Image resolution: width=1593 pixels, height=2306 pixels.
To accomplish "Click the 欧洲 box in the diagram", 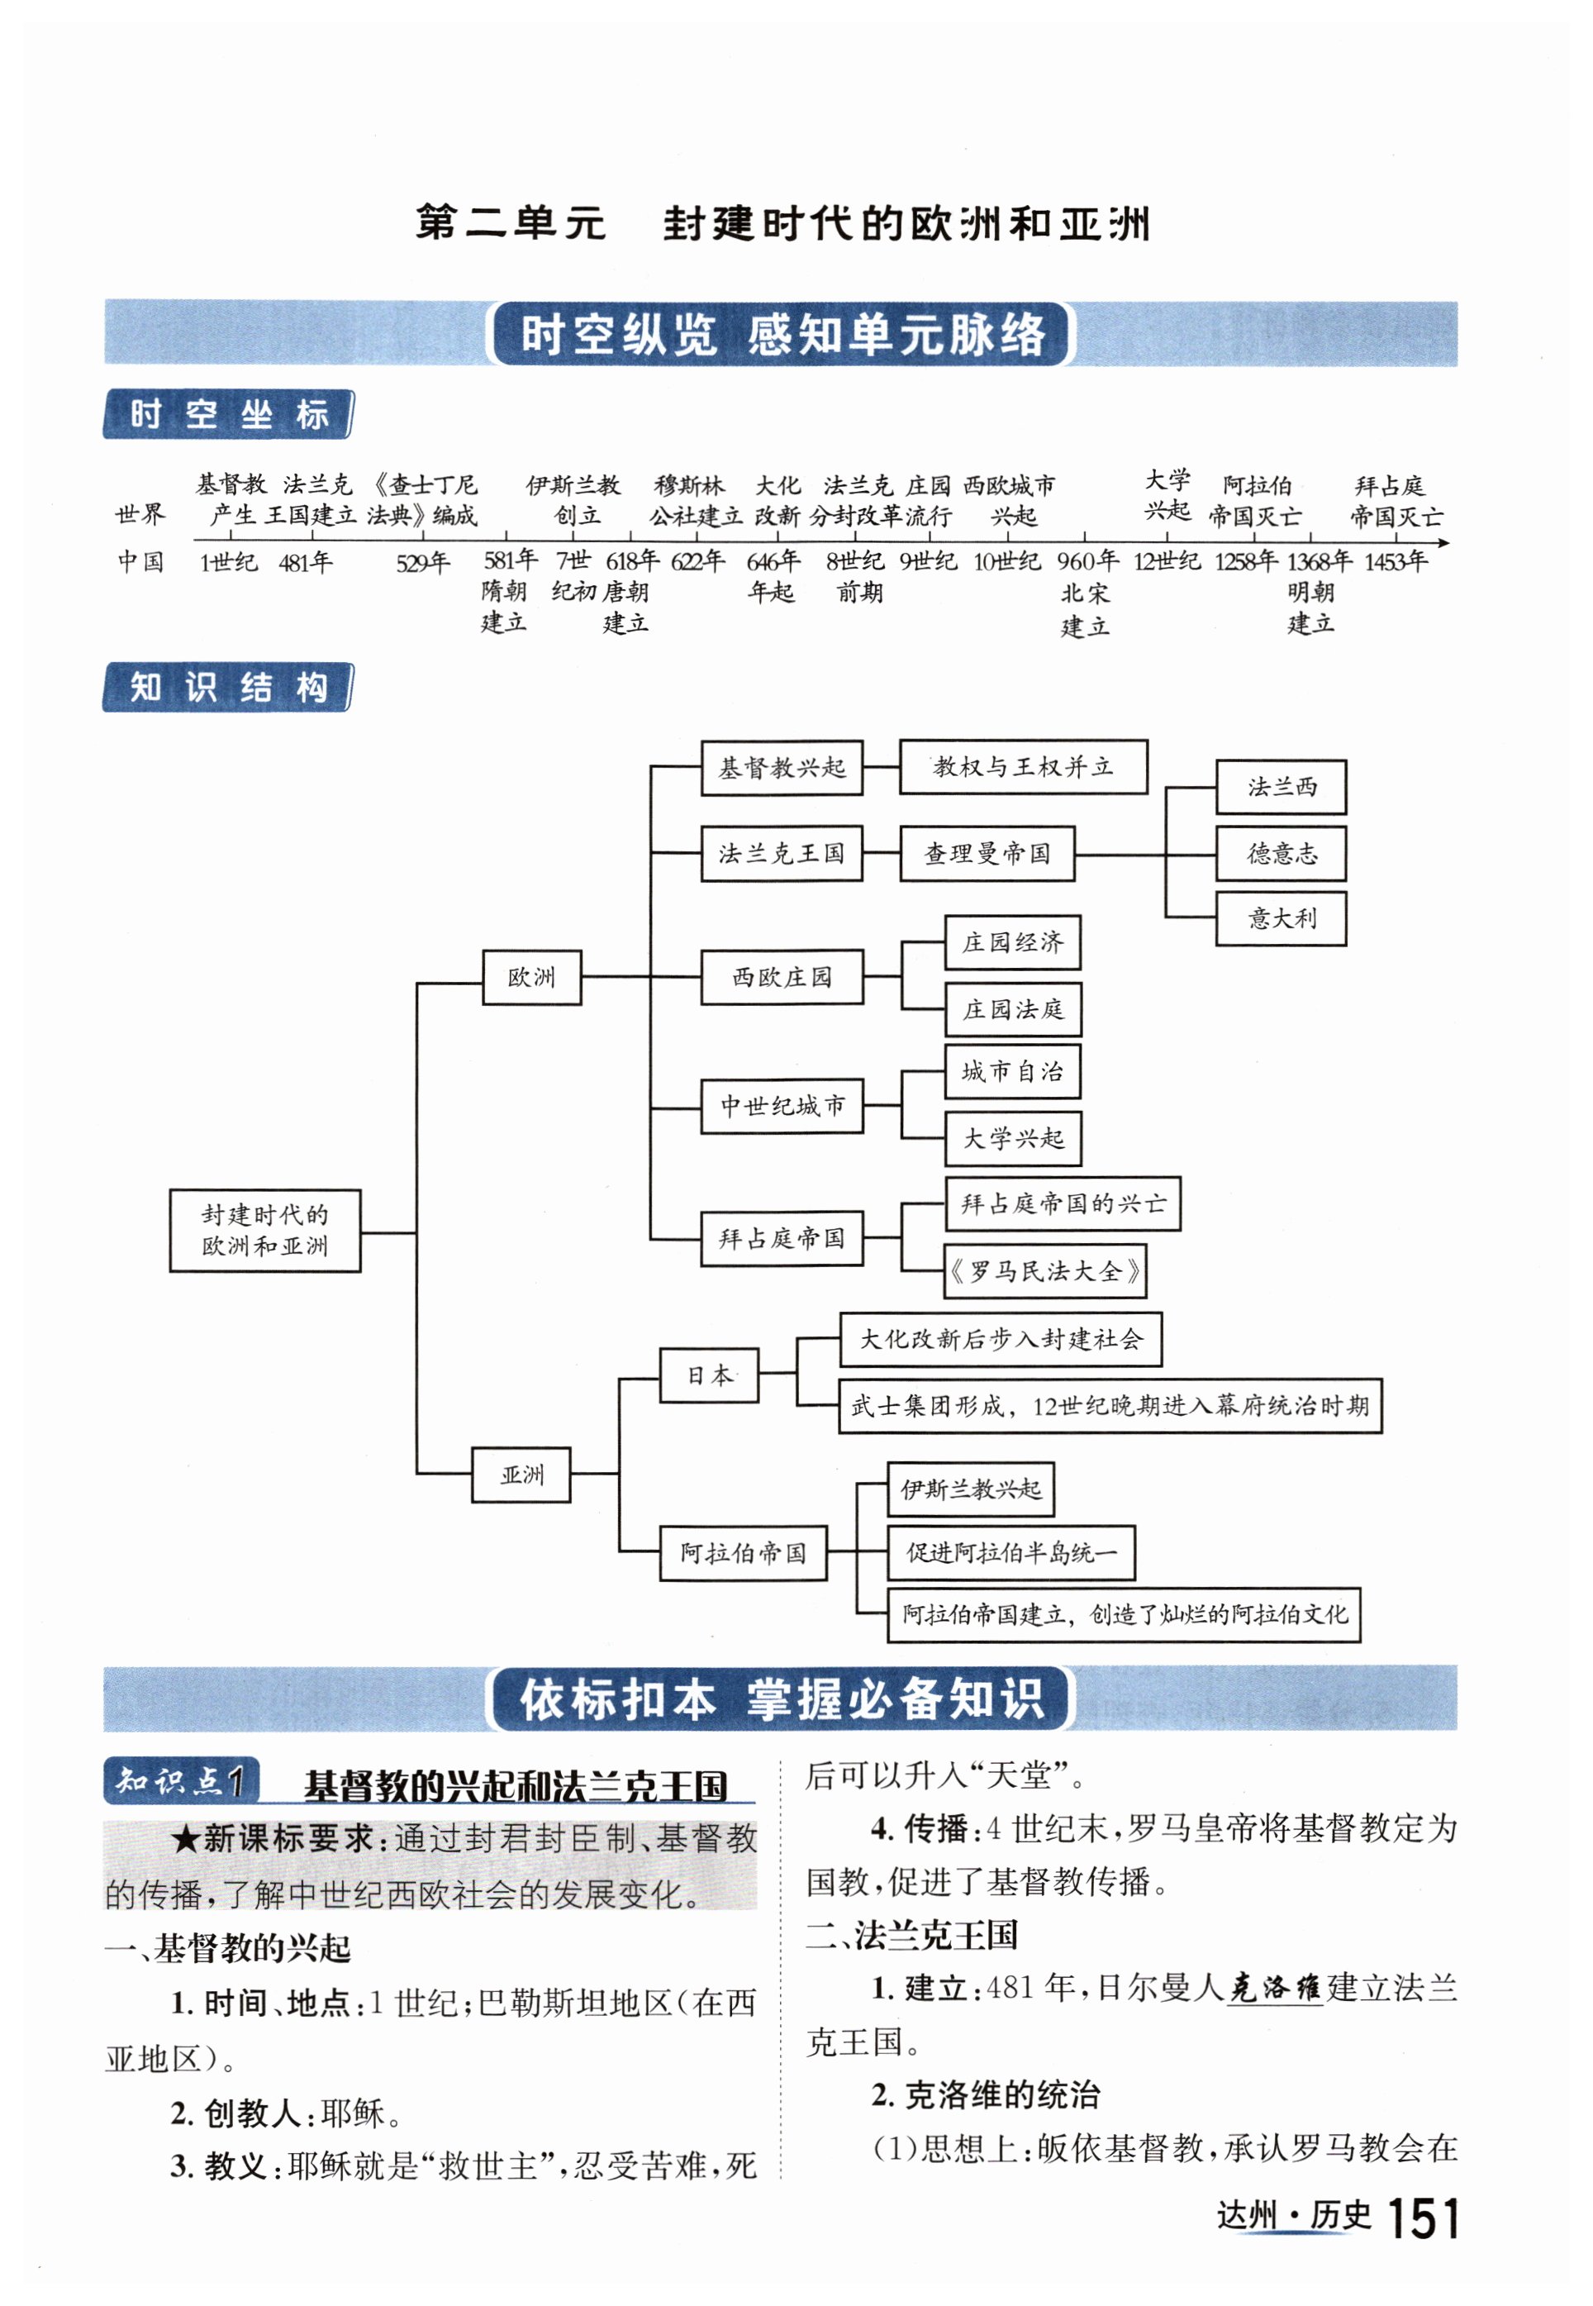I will pos(531,976).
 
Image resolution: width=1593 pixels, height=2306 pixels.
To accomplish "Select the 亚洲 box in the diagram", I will pos(521,1475).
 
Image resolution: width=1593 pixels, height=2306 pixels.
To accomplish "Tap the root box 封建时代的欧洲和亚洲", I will pos(264,1230).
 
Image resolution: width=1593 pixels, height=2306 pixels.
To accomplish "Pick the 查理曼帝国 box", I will pos(987,854).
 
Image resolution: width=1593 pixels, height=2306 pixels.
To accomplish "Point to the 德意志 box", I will pos(1281,854).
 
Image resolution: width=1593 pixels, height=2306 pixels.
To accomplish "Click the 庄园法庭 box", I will pos(1012,1009).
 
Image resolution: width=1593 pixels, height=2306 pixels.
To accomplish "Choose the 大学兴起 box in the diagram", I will pos(1012,1138).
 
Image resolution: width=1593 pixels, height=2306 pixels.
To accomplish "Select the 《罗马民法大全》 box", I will pos(1044,1271).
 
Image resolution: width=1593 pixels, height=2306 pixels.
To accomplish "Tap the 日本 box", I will pos(709,1375).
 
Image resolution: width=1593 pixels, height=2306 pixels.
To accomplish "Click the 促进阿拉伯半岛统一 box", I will pos(1010,1552).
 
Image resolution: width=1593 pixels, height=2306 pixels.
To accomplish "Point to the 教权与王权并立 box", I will pos(1023,767).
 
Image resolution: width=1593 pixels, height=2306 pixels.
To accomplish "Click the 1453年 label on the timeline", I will pos(1396,562).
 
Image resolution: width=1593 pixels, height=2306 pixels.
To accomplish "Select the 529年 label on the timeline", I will pos(422,563).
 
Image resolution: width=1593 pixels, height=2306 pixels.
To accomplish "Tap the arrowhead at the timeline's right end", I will pos(1443,543).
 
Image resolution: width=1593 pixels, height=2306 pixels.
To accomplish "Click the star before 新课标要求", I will pos(184,1838).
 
